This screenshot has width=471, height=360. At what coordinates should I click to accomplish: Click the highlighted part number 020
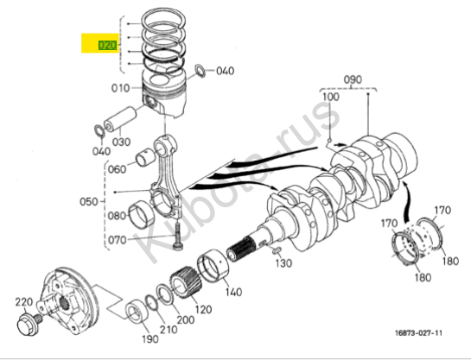107,45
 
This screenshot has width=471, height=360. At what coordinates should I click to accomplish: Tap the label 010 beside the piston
120,88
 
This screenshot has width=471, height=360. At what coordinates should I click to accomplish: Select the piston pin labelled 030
120,119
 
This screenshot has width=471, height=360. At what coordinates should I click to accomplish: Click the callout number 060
117,169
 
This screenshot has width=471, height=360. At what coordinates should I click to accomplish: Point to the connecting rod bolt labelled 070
177,237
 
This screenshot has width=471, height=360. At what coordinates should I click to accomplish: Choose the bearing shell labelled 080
142,213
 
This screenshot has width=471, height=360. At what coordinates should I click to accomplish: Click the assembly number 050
89,202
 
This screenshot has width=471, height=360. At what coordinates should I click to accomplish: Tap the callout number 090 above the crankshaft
353,79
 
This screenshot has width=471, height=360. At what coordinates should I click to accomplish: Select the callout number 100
331,97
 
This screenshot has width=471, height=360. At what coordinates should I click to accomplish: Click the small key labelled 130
276,249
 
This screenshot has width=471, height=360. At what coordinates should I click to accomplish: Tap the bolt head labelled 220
28,325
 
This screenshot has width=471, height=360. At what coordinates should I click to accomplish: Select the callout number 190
150,339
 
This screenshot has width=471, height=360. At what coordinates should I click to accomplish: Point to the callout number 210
169,330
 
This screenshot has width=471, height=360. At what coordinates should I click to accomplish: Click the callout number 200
186,319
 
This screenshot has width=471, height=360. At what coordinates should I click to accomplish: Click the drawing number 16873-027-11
418,333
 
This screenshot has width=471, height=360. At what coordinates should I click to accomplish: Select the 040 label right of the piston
226,71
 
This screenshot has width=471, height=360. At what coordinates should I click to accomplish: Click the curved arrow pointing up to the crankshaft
408,200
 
